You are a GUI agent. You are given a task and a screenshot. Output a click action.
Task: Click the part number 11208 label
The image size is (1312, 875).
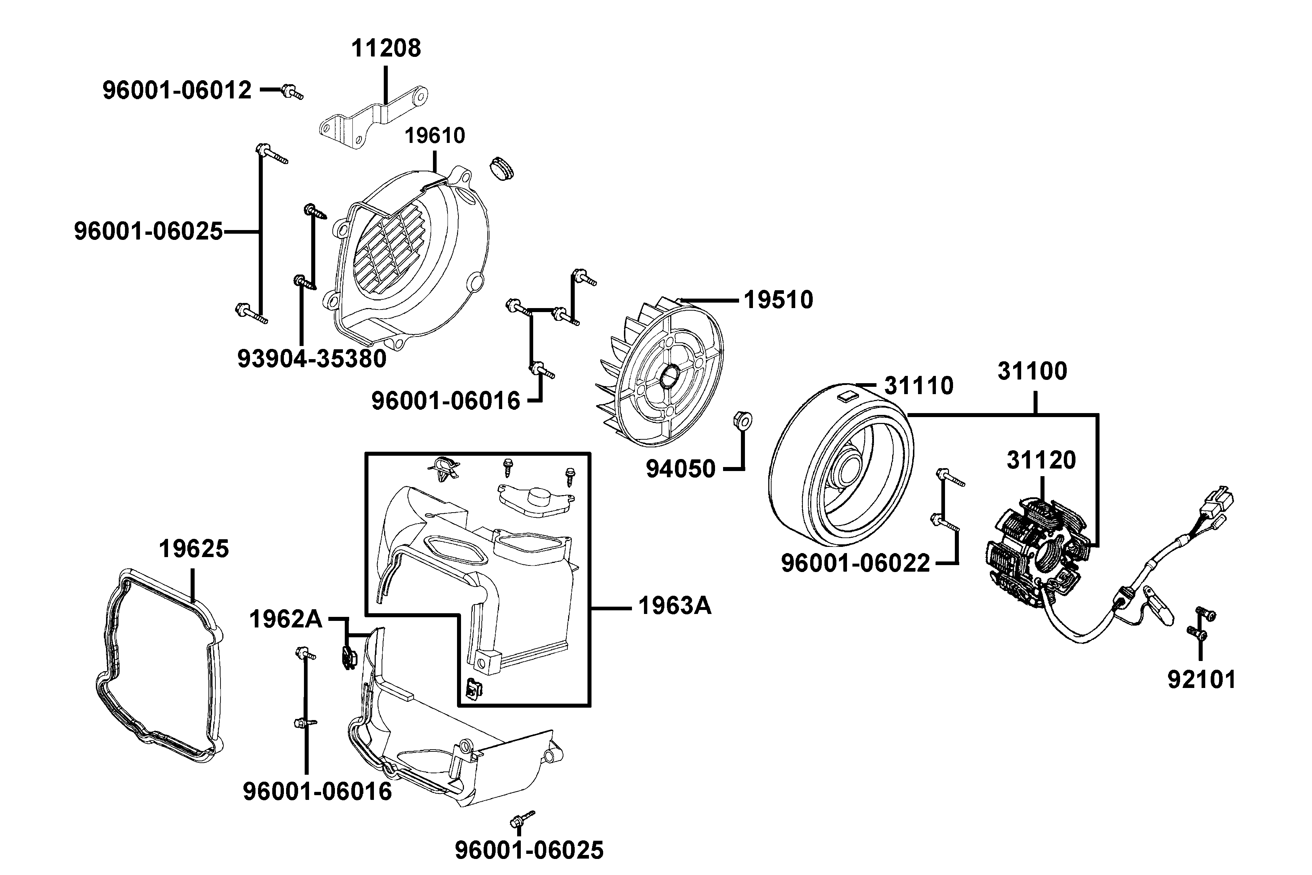coord(386,48)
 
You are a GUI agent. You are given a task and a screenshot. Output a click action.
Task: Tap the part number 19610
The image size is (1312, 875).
coord(434,136)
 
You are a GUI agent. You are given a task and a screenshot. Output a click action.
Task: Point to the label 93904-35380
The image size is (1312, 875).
coord(312,359)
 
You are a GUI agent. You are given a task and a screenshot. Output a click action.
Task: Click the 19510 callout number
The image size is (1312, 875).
coord(779,300)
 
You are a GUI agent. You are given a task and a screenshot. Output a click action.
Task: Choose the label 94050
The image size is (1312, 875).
coord(680,469)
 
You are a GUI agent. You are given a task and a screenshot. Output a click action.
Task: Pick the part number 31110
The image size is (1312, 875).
coord(919,386)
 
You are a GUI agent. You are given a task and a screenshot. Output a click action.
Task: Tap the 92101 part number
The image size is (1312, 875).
coord(1202,680)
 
